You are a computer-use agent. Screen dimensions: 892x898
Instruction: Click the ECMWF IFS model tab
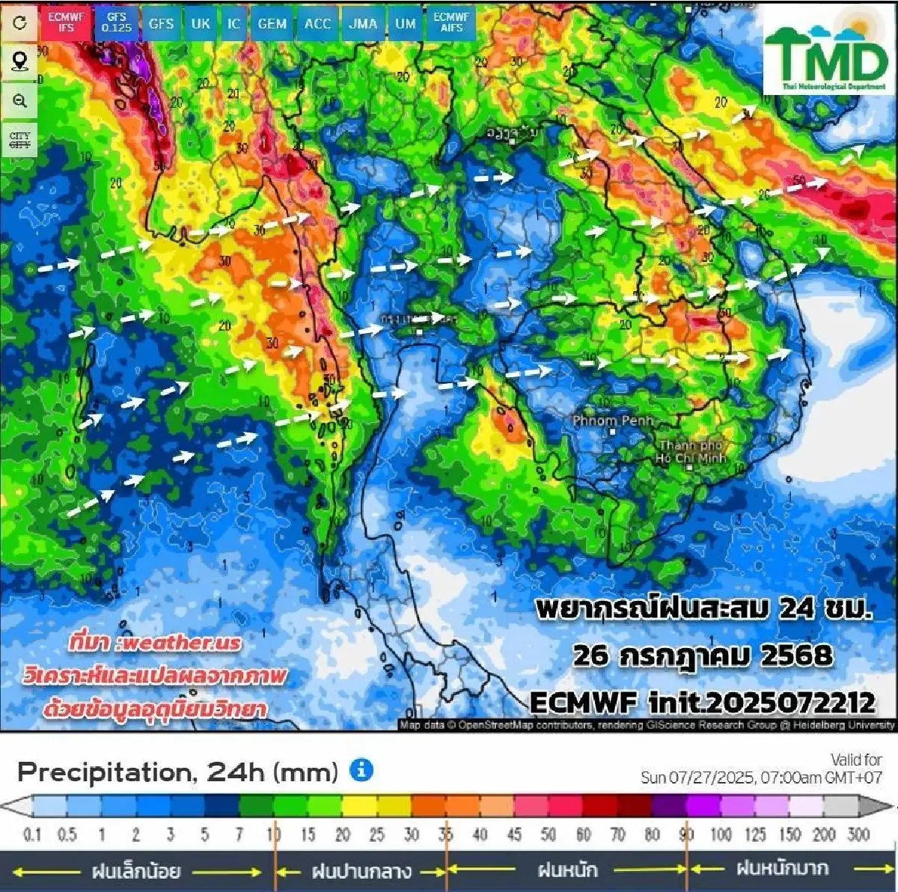pos(66,22)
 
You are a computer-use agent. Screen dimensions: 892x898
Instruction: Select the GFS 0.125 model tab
pos(116,22)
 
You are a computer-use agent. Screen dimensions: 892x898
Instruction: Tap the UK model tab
pos(201,23)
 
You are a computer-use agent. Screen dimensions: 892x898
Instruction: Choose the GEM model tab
pos(272,23)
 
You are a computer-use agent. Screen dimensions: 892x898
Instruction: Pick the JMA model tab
pos(363,23)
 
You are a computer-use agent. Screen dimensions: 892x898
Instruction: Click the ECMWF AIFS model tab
pos(451,22)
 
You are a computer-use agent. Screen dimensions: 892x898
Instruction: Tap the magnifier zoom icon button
pos(19,101)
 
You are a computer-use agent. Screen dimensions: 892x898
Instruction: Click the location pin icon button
pos(19,61)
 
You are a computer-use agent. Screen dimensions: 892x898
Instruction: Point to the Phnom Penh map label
pos(613,421)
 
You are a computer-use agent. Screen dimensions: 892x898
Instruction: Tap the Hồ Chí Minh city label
pos(689,452)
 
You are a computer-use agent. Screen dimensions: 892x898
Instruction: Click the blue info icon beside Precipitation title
pos(361,770)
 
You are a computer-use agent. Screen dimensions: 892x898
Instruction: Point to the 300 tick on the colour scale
pos(858,834)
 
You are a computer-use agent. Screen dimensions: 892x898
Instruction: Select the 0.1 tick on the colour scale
pos(32,834)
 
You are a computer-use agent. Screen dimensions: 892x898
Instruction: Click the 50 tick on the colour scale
pos(548,834)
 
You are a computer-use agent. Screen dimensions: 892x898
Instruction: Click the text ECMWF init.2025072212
pos(702,702)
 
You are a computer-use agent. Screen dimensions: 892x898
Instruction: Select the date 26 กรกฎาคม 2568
pos(702,656)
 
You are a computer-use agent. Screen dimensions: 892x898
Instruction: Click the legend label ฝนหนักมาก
pos(782,869)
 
